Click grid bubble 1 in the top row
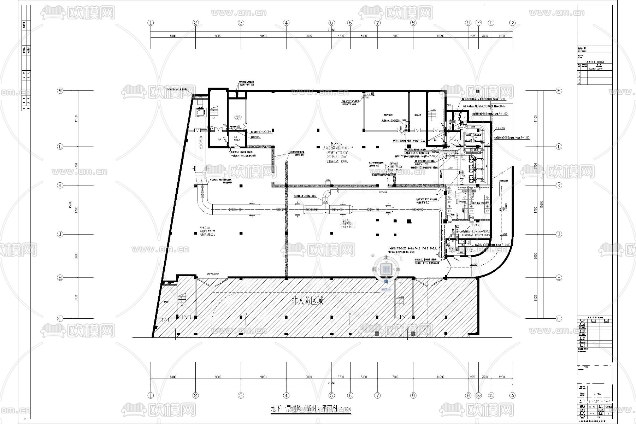151,23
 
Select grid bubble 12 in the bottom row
512,395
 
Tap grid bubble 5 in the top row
331,23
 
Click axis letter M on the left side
60,91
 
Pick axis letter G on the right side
559,318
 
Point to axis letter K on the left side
60,185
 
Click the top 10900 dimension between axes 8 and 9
440,36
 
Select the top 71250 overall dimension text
331,30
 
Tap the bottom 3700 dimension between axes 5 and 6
341,377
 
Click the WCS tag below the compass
385,289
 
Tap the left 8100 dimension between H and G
76,298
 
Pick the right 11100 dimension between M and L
536,119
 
